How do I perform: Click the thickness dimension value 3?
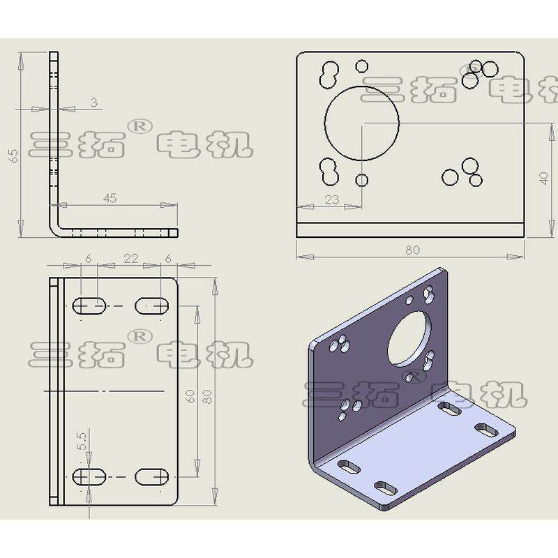pos(93,103)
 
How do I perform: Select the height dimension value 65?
pos(13,156)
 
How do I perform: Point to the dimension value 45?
pos(110,198)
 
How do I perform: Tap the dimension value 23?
pos(332,199)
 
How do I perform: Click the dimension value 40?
pos(544,179)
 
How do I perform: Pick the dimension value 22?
pos(130,258)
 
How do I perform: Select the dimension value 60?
pos(190,396)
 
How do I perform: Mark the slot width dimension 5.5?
pos(82,442)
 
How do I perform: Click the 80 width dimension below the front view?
pos(412,250)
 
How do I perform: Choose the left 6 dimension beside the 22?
pos(89,259)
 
